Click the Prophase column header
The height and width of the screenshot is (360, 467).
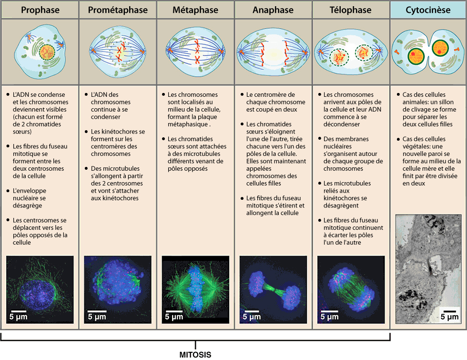(40, 10)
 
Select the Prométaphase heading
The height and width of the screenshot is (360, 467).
(118, 10)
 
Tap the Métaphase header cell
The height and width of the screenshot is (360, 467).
(195, 10)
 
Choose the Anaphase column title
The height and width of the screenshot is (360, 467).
(273, 10)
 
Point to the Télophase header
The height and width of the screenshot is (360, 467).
(351, 10)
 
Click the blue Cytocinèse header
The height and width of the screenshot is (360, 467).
(428, 10)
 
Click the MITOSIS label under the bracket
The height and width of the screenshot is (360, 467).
(195, 355)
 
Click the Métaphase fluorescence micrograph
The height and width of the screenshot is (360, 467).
(195, 289)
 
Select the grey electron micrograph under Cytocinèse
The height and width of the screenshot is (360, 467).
(428, 269)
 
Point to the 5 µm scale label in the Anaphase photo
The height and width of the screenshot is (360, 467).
(252, 317)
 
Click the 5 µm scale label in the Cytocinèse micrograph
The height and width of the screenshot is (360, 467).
(449, 317)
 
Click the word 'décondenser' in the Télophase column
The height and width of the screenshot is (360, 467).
(342, 124)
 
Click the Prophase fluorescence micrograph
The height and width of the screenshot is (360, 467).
(40, 289)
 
